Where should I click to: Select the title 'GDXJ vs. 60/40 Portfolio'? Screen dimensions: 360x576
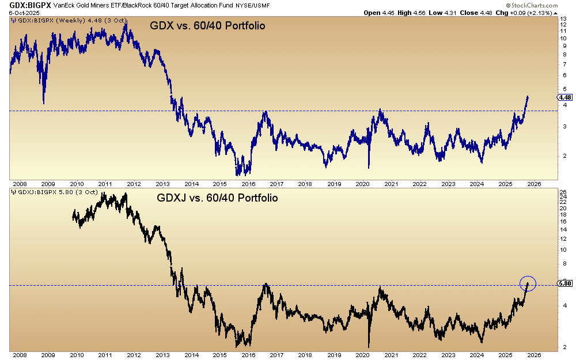pos(217,198)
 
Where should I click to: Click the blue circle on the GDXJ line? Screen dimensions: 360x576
pos(528,283)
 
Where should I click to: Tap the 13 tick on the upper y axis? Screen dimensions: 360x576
pos(564,19)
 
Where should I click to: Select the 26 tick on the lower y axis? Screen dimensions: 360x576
pos(564,192)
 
